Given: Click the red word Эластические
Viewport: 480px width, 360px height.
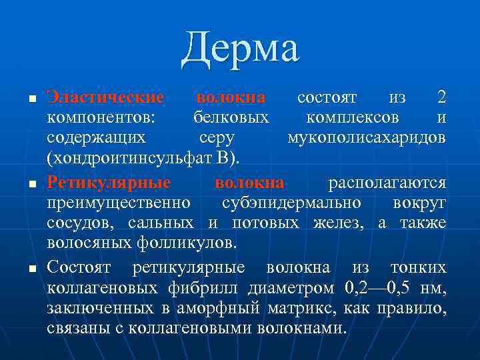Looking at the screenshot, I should (x=105, y=97).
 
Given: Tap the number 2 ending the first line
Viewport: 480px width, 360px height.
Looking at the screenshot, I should (x=441, y=97).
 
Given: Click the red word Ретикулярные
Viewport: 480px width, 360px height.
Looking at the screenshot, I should (x=109, y=182).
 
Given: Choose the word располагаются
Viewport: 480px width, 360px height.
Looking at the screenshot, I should (x=387, y=182).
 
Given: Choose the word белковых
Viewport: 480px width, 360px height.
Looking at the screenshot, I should (x=227, y=118).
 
